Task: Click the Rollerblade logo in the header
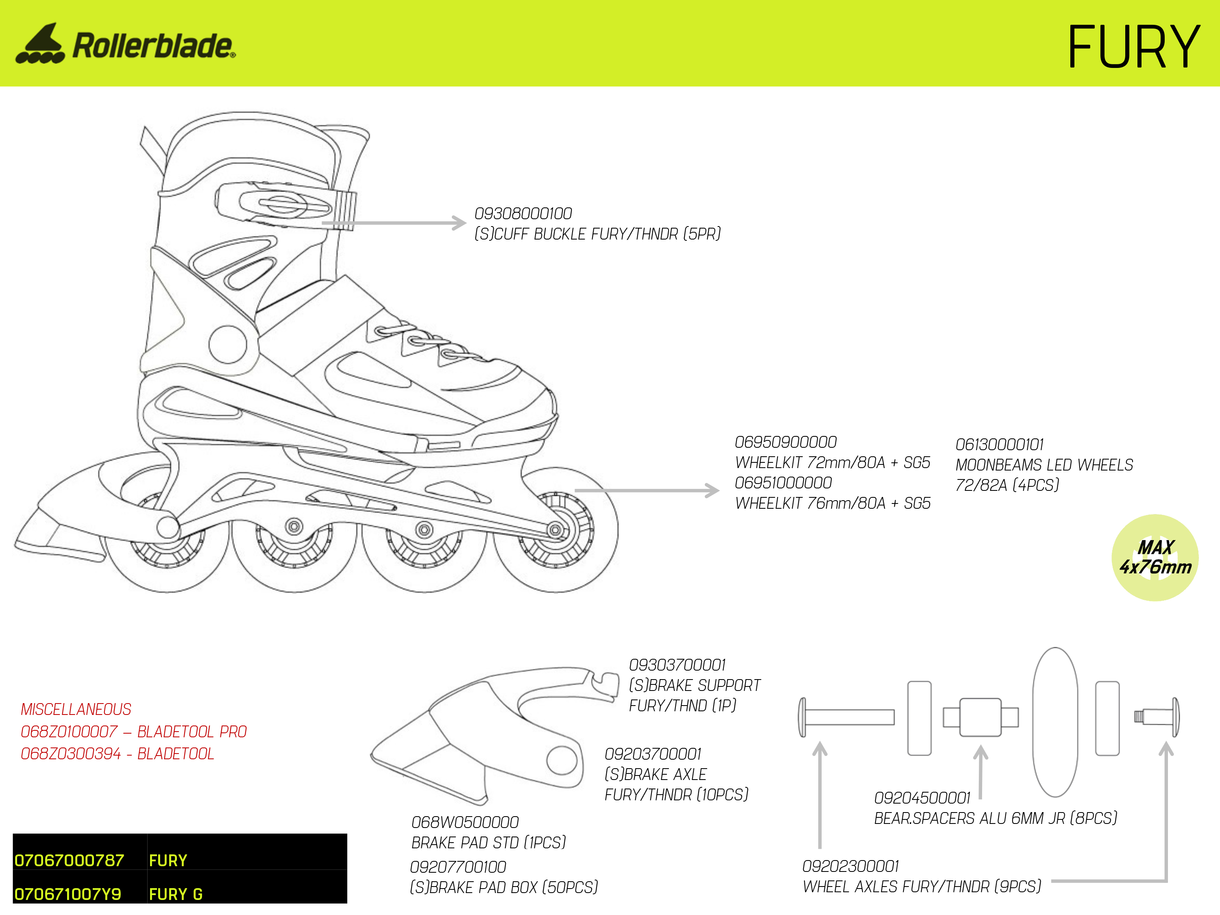pyautogui.click(x=126, y=44)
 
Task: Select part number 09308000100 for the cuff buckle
pyautogui.click(x=523, y=213)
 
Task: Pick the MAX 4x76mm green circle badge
pyautogui.click(x=1155, y=558)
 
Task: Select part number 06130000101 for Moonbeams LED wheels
pyautogui.click(x=1000, y=444)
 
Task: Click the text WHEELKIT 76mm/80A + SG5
pyautogui.click(x=833, y=503)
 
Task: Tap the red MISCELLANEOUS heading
pyautogui.click(x=76, y=709)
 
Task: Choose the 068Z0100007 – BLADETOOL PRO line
pyautogui.click(x=133, y=732)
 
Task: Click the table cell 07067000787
pyautogui.click(x=70, y=861)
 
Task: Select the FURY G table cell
pyautogui.click(x=176, y=894)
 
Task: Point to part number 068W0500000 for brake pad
pyautogui.click(x=465, y=822)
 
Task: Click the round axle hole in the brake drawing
pyautogui.click(x=562, y=760)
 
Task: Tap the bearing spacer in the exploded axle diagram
pyautogui.click(x=980, y=717)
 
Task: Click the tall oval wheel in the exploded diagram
pyautogui.click(x=1054, y=722)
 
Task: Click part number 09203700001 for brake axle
pyautogui.click(x=653, y=754)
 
